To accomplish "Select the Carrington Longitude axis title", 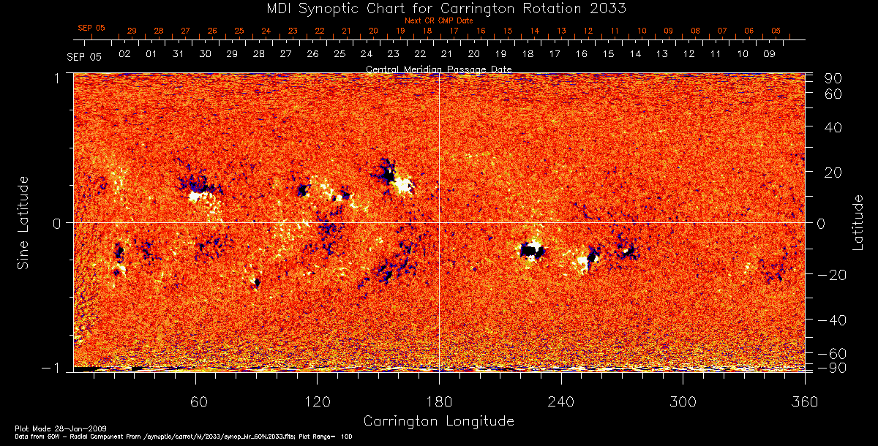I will pos(438,421).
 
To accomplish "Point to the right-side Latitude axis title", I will pos(858,222).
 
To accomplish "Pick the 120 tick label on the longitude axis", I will pos(317,403).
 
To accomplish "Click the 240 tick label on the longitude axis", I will pos(561,403).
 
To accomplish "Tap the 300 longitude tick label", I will pos(683,403).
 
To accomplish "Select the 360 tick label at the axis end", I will pos(805,403).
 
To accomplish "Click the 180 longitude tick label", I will pos(439,403).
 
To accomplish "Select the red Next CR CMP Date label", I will pos(438,20).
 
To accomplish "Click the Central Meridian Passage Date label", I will pos(438,69).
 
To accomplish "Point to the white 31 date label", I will pos(178,55).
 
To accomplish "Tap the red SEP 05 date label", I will pos(91,28).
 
